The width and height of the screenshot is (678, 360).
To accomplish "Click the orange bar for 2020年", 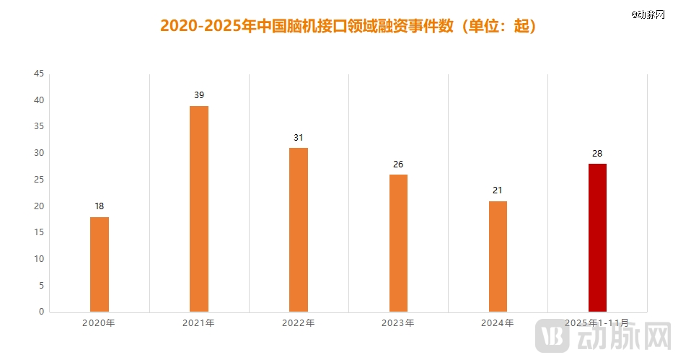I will point(100,264).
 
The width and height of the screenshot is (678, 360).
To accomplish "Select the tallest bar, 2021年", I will point(199,208).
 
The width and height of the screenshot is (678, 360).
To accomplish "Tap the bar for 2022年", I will point(299,229).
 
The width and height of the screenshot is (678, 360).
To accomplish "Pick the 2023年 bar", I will point(398,243).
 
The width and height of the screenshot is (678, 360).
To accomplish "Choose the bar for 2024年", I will point(498,256).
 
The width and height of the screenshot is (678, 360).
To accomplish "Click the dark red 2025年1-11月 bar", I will point(597,237).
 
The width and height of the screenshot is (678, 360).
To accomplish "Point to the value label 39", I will point(199,95).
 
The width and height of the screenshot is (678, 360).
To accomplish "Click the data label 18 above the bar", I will point(100,206).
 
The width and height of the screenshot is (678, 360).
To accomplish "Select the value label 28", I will point(597,153).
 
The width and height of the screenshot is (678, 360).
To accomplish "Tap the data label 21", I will point(498,190).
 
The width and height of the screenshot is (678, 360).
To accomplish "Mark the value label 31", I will point(299,137).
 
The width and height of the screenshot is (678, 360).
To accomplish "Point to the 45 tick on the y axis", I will point(39,74).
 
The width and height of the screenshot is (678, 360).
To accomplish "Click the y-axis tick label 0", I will point(41,312).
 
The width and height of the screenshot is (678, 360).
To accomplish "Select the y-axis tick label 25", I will point(39,180).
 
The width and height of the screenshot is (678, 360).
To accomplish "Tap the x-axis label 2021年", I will point(199,323).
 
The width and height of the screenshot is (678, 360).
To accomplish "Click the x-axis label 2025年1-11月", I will point(597,323).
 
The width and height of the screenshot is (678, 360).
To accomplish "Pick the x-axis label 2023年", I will point(398,323).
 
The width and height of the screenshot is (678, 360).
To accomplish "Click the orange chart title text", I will point(348,26).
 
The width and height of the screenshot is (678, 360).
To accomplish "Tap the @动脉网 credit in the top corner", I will point(646,14).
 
